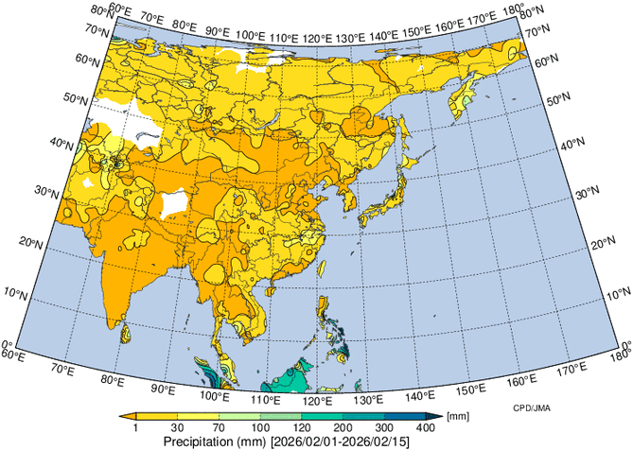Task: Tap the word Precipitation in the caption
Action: click(x=199, y=441)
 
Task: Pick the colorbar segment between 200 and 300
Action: click(x=364, y=416)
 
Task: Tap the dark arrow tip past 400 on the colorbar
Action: click(x=437, y=416)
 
